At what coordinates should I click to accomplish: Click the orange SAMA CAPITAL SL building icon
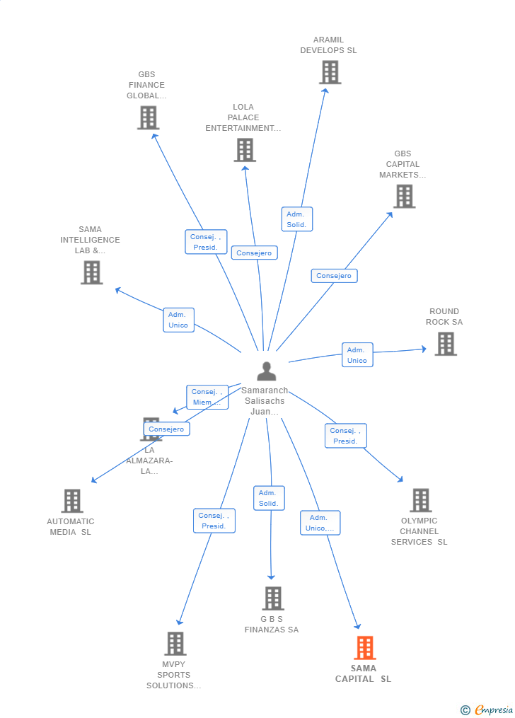click(x=364, y=647)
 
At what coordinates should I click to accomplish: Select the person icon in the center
click(x=266, y=371)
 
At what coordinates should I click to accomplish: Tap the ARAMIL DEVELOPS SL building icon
click(x=330, y=72)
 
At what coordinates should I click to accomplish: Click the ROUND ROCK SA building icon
click(x=445, y=344)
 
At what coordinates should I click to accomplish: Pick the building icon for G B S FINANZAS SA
click(x=272, y=598)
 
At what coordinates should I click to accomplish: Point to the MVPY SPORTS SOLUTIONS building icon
click(x=175, y=644)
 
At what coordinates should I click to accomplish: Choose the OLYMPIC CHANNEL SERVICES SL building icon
click(x=420, y=500)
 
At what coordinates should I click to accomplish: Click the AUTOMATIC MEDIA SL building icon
click(x=71, y=501)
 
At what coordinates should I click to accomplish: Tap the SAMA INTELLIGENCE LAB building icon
click(x=91, y=272)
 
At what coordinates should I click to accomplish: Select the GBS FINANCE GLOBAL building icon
click(x=148, y=117)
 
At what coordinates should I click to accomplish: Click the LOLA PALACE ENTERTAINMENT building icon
click(x=245, y=150)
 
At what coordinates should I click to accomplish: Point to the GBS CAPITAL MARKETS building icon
click(x=404, y=197)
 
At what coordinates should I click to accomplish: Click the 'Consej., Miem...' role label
click(x=207, y=397)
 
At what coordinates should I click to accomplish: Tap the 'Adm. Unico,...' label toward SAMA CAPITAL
click(x=320, y=523)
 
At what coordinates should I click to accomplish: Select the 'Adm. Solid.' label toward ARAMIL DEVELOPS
click(x=296, y=219)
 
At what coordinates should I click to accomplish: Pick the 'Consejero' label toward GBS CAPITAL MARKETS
click(x=334, y=276)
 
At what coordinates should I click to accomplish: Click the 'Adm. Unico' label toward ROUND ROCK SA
click(x=357, y=355)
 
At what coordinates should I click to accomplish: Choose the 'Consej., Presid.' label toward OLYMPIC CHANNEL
click(x=345, y=436)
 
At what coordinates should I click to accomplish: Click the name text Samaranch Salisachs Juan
click(x=265, y=401)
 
